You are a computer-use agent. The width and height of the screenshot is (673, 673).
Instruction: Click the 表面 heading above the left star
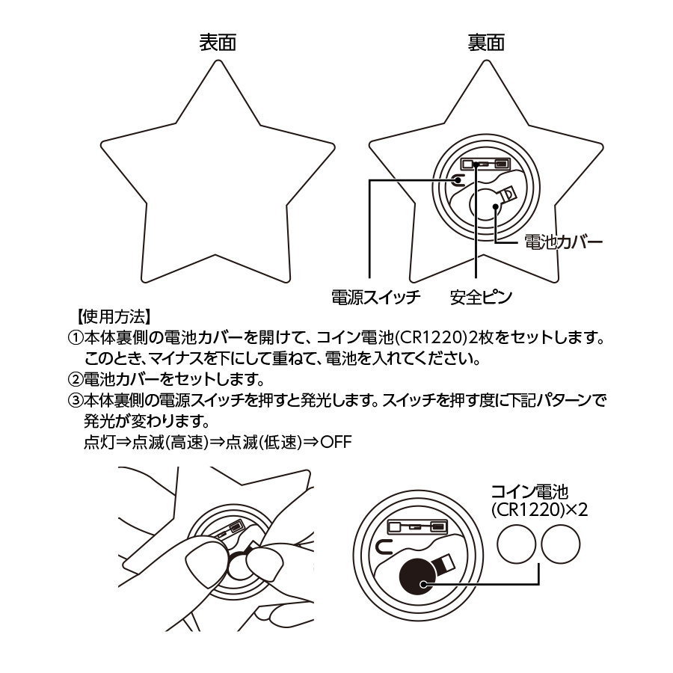click(x=217, y=43)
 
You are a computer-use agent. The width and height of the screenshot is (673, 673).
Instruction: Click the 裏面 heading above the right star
click(x=486, y=43)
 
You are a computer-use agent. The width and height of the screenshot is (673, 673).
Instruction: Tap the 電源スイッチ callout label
click(x=376, y=297)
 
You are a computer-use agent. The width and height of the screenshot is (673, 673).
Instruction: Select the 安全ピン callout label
click(x=481, y=297)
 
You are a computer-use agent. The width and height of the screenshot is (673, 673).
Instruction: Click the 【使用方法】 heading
click(x=114, y=316)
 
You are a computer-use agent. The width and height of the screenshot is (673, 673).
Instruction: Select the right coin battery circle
click(x=561, y=545)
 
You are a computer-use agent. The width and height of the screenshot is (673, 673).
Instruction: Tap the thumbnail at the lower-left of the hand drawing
click(x=199, y=562)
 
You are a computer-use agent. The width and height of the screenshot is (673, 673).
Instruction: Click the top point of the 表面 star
click(x=218, y=61)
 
